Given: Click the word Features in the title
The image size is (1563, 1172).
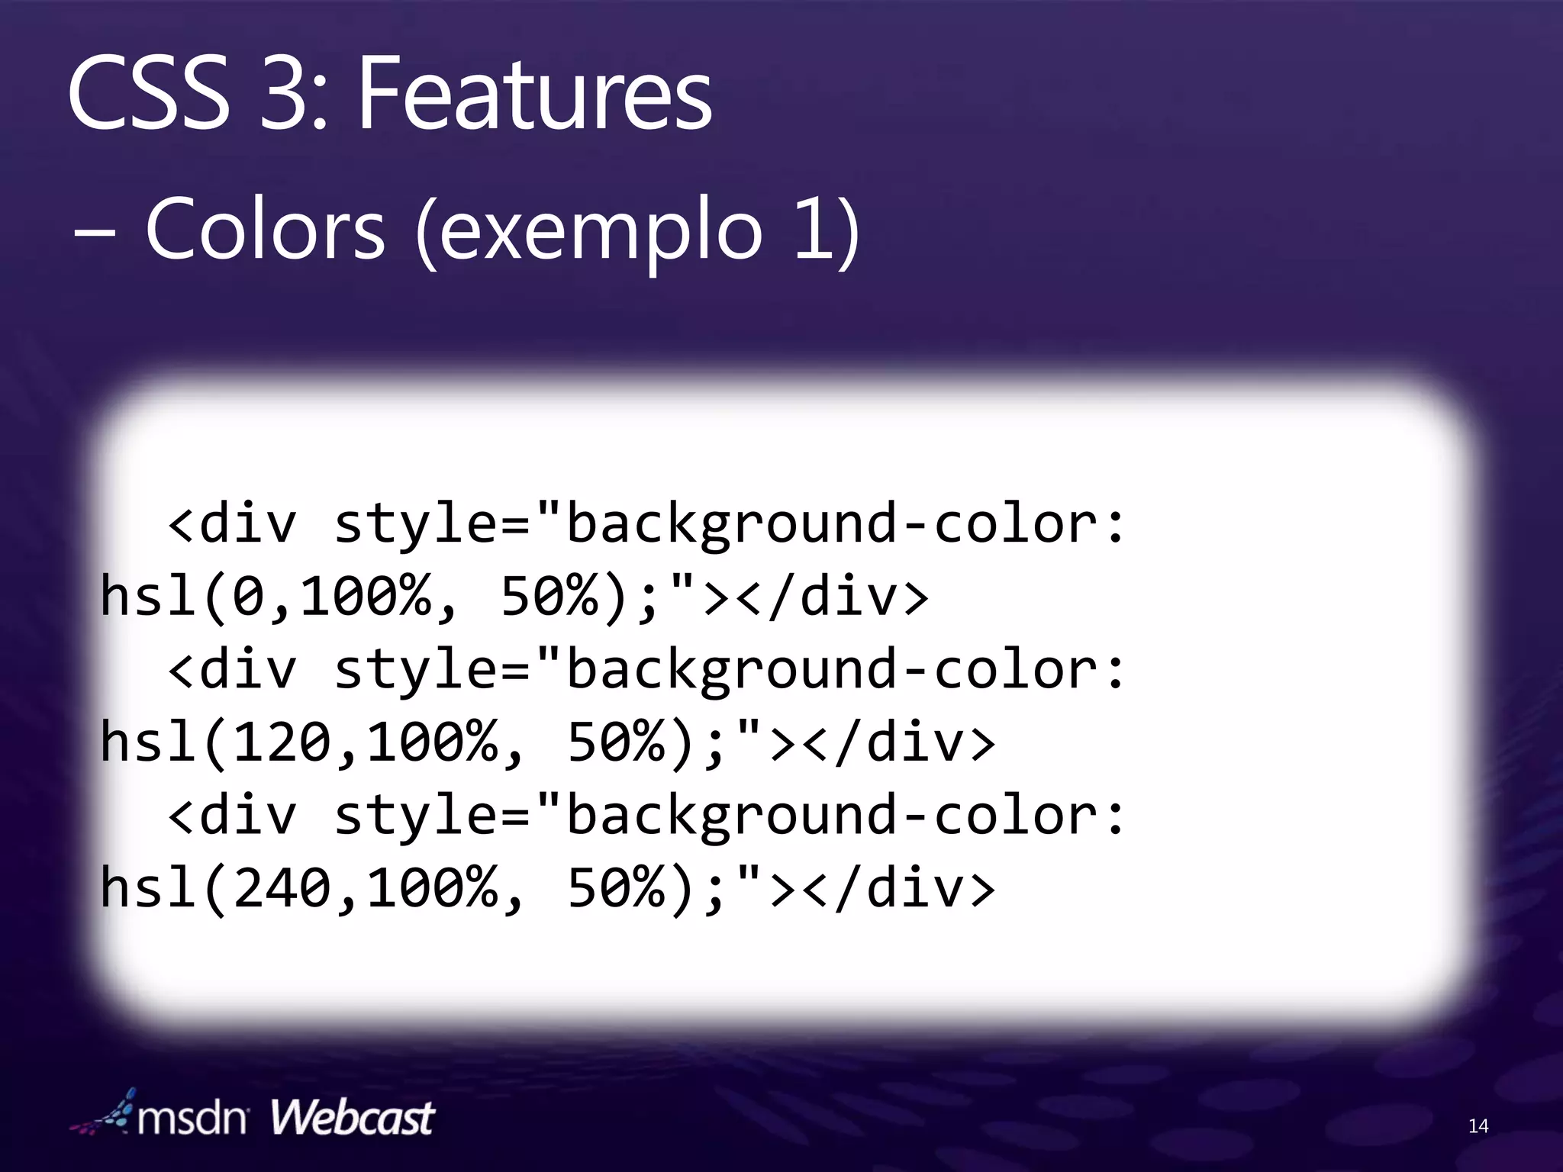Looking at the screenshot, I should click(534, 95).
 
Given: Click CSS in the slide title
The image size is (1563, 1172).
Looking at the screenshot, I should click(149, 95).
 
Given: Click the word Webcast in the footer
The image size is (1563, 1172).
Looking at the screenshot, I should click(352, 1119).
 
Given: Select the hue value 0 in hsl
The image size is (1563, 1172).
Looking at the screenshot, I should click(247, 597).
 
